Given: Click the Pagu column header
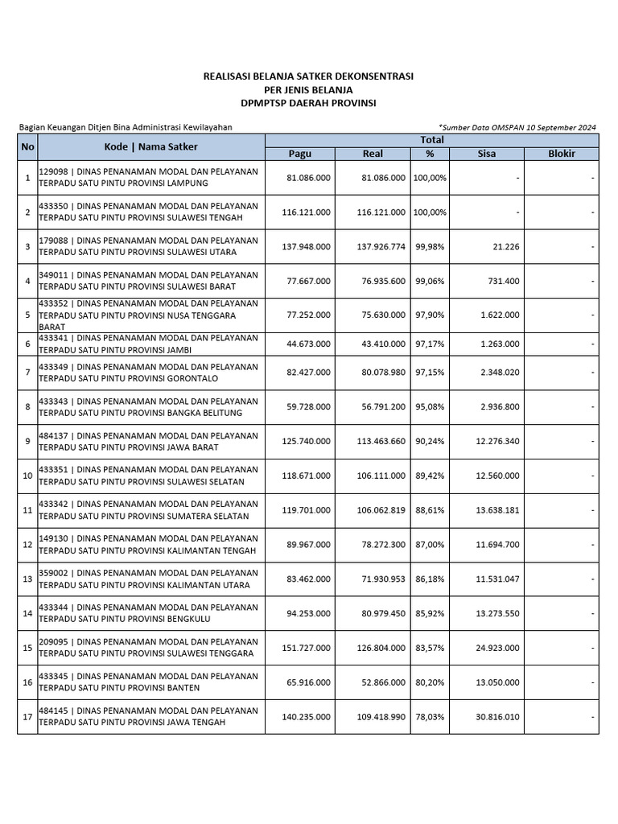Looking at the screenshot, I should [x=299, y=153].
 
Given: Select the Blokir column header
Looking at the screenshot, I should [x=561, y=153].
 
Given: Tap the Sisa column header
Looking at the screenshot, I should [x=486, y=153].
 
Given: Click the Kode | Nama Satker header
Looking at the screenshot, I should [x=150, y=146].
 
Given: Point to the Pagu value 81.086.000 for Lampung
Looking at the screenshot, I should [x=308, y=178].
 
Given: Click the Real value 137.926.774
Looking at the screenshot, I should [x=381, y=247].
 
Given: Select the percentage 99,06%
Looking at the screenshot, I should [x=431, y=282].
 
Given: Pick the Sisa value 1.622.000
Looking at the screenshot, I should [x=500, y=315].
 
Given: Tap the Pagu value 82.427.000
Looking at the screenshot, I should [x=308, y=373].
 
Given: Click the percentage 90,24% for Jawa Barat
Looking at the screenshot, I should [x=431, y=441].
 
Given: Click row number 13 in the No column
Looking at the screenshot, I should [x=27, y=579].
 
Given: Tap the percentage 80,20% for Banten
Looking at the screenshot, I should [x=431, y=682].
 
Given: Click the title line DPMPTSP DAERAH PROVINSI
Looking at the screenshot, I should [x=308, y=103].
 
